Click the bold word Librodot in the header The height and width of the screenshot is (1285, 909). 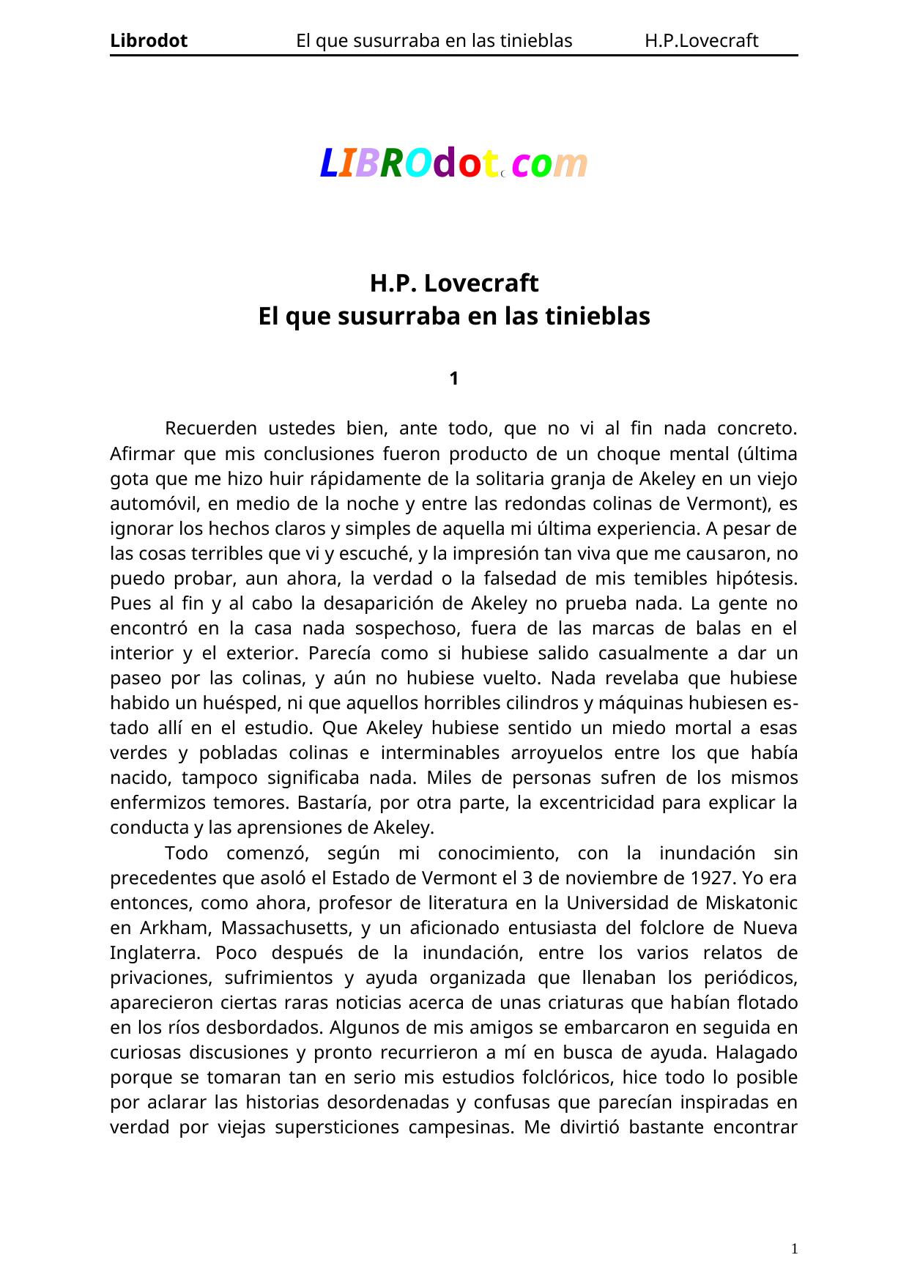(x=149, y=41)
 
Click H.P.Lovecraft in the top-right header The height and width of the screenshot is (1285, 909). (x=701, y=41)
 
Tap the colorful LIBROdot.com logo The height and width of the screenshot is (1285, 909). (x=453, y=163)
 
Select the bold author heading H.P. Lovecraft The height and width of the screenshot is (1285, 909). (x=453, y=283)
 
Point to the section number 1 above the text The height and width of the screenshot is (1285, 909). (x=453, y=379)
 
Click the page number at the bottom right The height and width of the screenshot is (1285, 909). (x=794, y=1248)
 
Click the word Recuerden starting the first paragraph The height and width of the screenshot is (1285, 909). (x=211, y=428)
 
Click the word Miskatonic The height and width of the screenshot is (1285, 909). (x=751, y=903)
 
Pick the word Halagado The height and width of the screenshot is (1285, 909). (x=756, y=1052)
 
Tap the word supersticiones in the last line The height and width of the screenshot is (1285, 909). (x=324, y=1127)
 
